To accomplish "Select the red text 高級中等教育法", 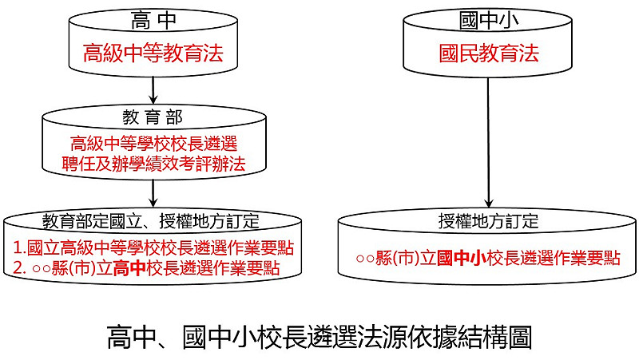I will coord(152,54).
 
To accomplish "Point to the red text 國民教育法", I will coord(488,54).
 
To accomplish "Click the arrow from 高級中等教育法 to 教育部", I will coord(152,89).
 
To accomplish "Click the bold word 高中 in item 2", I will coord(128,267).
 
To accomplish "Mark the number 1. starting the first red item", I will coord(19,246).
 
